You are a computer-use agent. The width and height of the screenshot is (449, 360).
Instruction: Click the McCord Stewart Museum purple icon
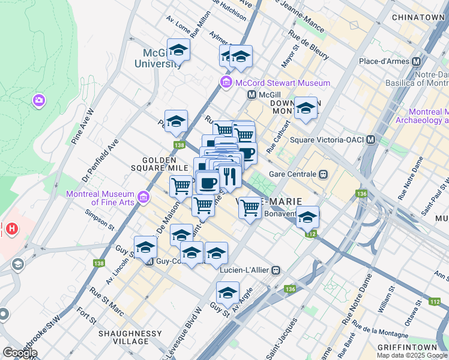tap(226, 83)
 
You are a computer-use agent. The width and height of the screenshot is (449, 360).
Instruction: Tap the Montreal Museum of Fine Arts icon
tap(143, 197)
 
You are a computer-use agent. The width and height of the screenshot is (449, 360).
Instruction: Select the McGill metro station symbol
tap(252, 95)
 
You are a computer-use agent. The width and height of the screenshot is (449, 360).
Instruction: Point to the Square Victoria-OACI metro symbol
tap(371, 140)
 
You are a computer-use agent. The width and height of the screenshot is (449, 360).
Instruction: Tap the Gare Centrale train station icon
tap(323, 174)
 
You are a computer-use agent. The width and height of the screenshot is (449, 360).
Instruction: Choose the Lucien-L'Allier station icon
tap(276, 271)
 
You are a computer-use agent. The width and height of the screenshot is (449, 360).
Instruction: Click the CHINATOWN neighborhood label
tap(418, 17)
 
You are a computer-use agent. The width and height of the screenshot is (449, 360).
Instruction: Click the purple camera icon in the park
tap(40, 100)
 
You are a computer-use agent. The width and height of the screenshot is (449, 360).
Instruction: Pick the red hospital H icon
tap(10, 228)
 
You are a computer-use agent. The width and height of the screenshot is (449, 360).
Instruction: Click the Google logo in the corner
tap(20, 353)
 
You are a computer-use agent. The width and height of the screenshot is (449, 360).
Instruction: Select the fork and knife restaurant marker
tap(229, 176)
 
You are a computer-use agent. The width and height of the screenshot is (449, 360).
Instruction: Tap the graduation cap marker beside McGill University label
tap(178, 50)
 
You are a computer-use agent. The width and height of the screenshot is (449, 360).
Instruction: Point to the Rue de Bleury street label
tap(309, 46)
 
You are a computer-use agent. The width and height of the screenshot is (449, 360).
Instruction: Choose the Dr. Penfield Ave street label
tap(102, 163)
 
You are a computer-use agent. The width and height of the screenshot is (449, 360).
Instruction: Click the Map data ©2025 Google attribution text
tap(412, 355)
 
